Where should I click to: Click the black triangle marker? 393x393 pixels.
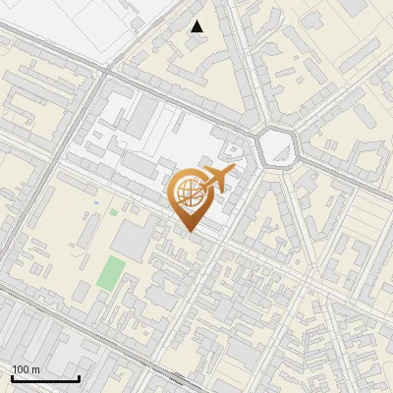click(197, 27)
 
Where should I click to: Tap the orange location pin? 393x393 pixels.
click(191, 197)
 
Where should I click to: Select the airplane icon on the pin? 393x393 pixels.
click(214, 180)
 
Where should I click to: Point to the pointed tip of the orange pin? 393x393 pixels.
click(191, 231)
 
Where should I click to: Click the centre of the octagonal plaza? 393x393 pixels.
click(277, 148)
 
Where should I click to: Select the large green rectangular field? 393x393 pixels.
click(111, 272)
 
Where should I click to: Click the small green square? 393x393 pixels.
click(114, 211)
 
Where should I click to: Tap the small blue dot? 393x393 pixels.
click(96, 202)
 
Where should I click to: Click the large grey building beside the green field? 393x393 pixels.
click(133, 240)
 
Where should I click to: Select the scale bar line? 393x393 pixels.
click(45, 378)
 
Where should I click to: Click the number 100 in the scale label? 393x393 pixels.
click(21, 369)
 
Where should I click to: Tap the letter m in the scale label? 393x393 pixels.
click(36, 369)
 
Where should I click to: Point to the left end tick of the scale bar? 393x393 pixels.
click(12, 376)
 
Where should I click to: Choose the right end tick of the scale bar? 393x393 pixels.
click(79, 376)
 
